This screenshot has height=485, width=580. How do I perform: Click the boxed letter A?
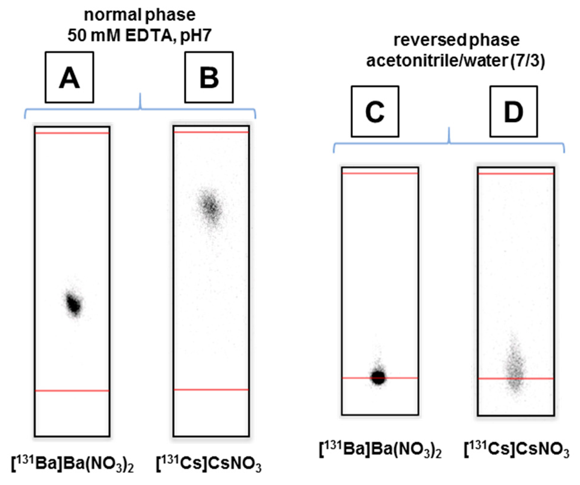tap(69, 77)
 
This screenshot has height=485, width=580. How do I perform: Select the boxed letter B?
tap(209, 77)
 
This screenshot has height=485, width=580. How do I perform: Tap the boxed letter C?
tap(375, 112)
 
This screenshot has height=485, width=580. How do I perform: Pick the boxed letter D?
tap(514, 112)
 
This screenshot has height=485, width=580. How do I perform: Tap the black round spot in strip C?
tap(379, 378)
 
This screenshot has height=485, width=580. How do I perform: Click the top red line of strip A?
tap(72, 133)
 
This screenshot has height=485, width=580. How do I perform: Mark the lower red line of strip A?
tap(72, 391)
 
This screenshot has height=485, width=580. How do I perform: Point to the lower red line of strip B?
tap(211, 390)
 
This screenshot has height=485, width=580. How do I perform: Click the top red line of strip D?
tap(516, 174)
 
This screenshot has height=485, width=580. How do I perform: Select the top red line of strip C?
tap(380, 173)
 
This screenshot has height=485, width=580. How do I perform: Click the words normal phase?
tap(140, 15)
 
